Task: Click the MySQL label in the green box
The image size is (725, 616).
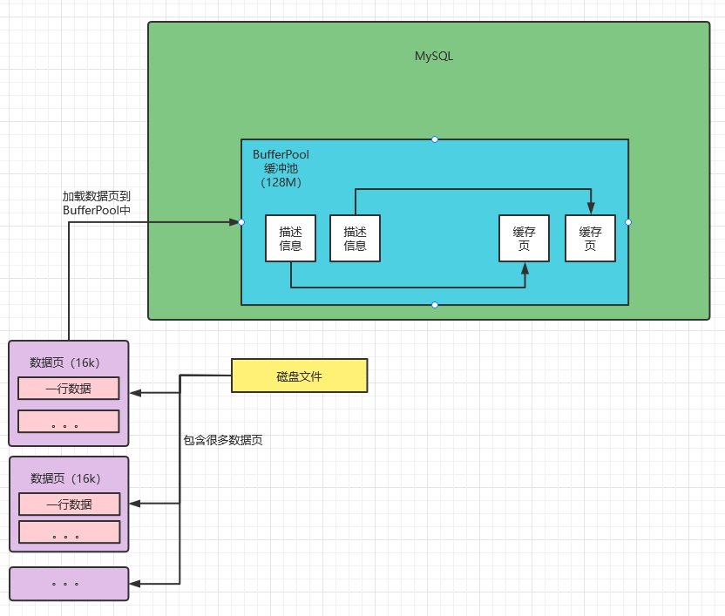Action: pyautogui.click(x=433, y=57)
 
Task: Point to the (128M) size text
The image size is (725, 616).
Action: pyautogui.click(x=281, y=182)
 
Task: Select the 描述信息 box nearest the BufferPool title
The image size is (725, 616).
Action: pyautogui.click(x=291, y=238)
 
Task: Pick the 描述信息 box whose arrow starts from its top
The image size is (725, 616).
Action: pyautogui.click(x=355, y=238)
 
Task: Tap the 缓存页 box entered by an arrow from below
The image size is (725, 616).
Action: pyautogui.click(x=525, y=238)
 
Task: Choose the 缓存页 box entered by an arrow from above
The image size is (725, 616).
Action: pyautogui.click(x=591, y=238)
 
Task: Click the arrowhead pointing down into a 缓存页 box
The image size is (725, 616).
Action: pyautogui.click(x=591, y=209)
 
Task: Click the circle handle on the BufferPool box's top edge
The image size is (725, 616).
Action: pyautogui.click(x=435, y=139)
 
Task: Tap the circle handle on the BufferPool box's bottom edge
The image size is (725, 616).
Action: pyautogui.click(x=435, y=305)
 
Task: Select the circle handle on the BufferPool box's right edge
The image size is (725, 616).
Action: pyautogui.click(x=628, y=222)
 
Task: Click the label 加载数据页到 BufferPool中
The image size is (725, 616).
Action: pyautogui.click(x=96, y=204)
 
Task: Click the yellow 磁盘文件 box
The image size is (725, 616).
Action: pyautogui.click(x=300, y=376)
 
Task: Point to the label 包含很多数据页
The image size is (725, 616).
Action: pyautogui.click(x=222, y=440)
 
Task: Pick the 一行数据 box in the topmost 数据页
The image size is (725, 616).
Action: pyautogui.click(x=68, y=389)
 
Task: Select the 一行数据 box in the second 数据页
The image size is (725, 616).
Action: pyautogui.click(x=68, y=504)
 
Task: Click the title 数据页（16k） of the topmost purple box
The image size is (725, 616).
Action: pyautogui.click(x=65, y=362)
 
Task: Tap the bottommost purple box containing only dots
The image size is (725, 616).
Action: pyautogui.click(x=68, y=583)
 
